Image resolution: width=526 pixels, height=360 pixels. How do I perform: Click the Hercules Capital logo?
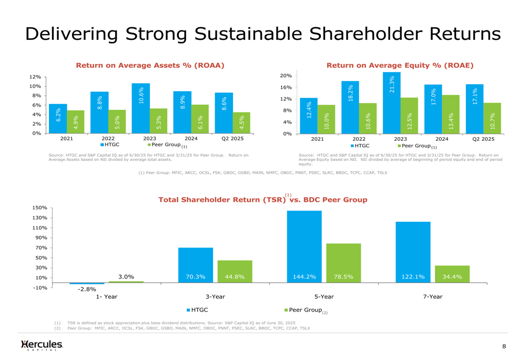[x=42, y=345]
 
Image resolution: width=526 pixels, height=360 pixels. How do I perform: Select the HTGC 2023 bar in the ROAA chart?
[x=141, y=108]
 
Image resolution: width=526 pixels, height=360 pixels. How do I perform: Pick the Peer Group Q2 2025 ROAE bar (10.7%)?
[x=492, y=118]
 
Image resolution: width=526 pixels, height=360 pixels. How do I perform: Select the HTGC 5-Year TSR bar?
[x=304, y=247]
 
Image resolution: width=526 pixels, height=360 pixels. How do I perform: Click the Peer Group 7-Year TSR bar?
[x=452, y=274]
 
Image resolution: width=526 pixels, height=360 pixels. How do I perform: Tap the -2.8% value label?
[x=87, y=289]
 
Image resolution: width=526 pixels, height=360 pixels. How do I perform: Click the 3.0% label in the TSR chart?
[x=126, y=276]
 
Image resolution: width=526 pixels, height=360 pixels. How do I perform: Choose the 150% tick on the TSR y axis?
[x=39, y=208]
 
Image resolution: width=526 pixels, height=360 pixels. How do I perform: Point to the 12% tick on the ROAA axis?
[x=35, y=77]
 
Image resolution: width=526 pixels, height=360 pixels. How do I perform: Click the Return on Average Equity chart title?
[x=400, y=66]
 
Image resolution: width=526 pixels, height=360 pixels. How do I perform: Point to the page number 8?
[x=504, y=346]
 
